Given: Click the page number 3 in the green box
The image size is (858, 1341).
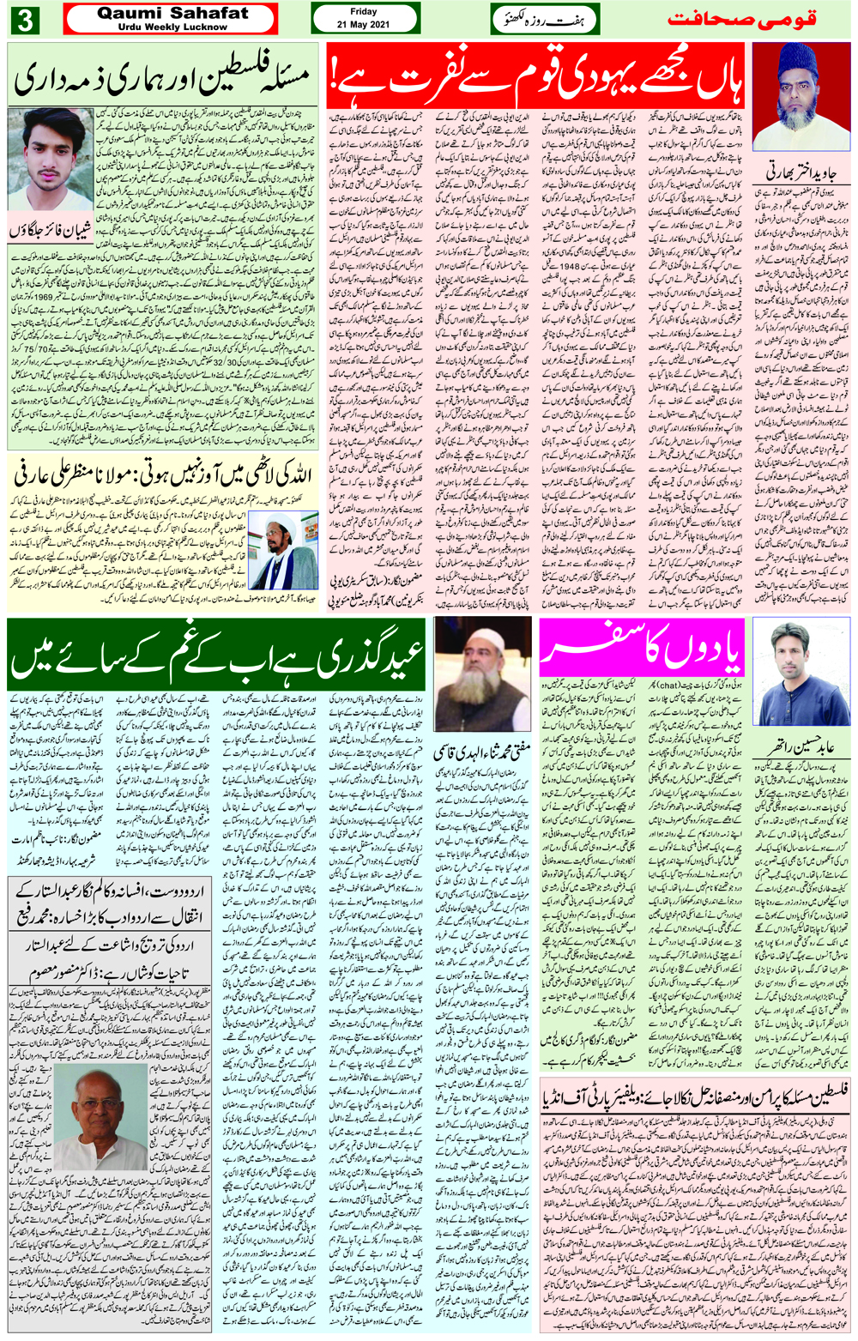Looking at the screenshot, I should coord(25,20).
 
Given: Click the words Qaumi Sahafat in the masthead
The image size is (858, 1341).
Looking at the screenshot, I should coord(172,14).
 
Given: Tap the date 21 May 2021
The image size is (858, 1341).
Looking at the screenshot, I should coord(363,24).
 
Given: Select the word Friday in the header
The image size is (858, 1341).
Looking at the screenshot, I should coord(364,12).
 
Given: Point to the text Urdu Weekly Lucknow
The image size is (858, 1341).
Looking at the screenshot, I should coord(172,27).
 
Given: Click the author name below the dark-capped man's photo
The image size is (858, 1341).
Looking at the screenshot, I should coord(800,172).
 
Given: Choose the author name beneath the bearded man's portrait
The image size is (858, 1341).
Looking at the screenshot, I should coord(482,750).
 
